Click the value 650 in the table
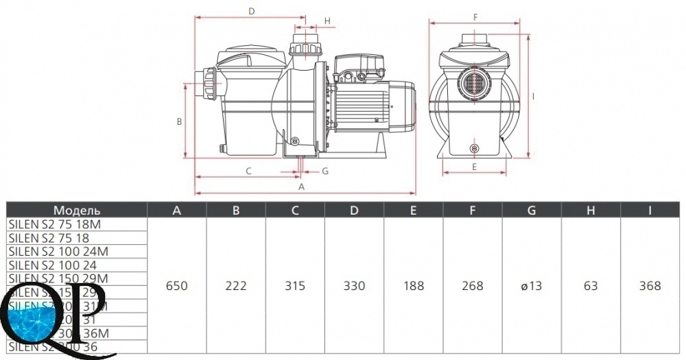(x=176, y=286)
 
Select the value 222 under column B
(x=236, y=286)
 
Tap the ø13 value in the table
(x=532, y=286)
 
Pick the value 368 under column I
(x=650, y=286)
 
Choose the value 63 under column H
(x=591, y=286)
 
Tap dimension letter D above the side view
(x=252, y=11)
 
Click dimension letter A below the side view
(x=301, y=187)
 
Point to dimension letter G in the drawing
(x=325, y=171)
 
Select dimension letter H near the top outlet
(x=328, y=21)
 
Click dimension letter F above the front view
(x=475, y=16)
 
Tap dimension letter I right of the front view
(x=533, y=96)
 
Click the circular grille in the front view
(x=475, y=84)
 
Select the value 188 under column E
(x=414, y=286)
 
